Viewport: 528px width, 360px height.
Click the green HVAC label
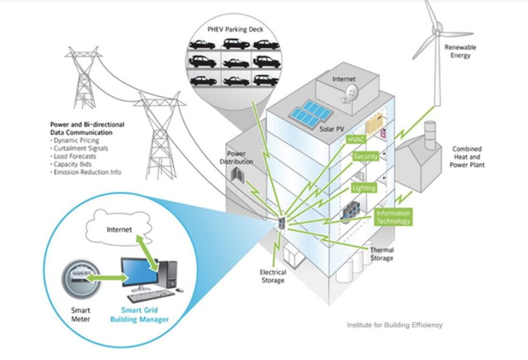click(354, 140)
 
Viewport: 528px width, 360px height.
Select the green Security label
click(366, 157)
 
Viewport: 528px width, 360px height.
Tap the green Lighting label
click(364, 188)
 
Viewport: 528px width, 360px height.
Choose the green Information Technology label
click(393, 217)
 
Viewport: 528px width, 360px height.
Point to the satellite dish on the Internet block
click(350, 91)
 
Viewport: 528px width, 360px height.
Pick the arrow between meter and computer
click(104, 278)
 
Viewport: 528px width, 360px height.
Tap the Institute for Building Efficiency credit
click(394, 325)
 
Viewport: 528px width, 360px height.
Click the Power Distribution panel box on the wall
click(236, 175)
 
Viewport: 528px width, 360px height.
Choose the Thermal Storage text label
click(381, 254)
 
